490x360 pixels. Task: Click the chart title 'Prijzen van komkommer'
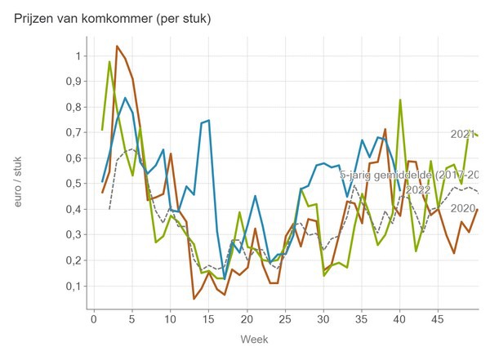tap(113, 18)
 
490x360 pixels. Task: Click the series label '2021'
tap(463, 134)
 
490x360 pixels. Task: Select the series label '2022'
tap(417, 190)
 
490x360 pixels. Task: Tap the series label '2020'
tap(463, 208)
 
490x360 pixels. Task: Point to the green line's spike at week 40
tap(400, 100)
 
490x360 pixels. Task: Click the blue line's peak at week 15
tap(208, 121)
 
